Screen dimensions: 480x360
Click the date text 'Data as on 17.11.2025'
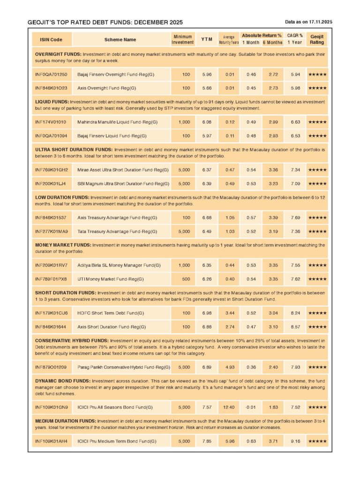coord(308,22)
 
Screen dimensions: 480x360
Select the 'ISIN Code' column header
coord(51,40)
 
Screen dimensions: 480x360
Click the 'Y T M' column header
coord(206,40)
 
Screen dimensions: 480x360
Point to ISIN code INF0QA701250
coord(51,74)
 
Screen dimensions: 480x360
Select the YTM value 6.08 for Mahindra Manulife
coord(206,122)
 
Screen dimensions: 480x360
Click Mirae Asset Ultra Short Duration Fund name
coord(123,170)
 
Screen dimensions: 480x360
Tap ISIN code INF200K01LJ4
coord(51,183)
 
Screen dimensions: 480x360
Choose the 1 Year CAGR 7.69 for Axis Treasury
coord(295,217)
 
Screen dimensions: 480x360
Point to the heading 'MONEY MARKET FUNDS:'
coord(63,245)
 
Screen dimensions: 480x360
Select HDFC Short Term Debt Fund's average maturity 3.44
coord(229,313)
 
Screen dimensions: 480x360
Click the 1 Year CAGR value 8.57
coord(295,326)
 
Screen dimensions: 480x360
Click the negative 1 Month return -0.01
coord(251,407)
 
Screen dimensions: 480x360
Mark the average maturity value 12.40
coord(229,407)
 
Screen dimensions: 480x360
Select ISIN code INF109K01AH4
coord(51,441)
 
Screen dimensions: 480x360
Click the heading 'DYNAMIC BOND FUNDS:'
coord(62,381)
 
